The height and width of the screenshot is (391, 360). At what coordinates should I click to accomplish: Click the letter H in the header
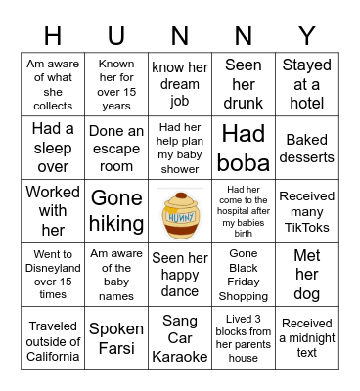click(53, 35)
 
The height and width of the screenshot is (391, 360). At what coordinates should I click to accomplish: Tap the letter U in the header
click(116, 35)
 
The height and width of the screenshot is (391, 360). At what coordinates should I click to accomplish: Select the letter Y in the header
click(307, 35)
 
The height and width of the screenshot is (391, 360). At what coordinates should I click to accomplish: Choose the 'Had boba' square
click(244, 147)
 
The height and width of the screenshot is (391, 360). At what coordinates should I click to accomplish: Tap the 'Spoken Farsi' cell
click(116, 340)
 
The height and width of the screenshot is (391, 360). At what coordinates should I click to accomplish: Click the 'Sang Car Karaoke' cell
click(180, 340)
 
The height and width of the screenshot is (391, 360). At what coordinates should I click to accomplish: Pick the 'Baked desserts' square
click(307, 147)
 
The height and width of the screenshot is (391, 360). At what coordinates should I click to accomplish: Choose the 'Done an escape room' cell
click(116, 147)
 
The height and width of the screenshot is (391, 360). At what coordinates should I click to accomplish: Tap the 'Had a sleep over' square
click(53, 147)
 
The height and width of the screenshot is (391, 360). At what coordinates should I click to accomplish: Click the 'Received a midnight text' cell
click(307, 340)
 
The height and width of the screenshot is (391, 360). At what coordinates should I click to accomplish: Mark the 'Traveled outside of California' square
click(53, 340)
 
